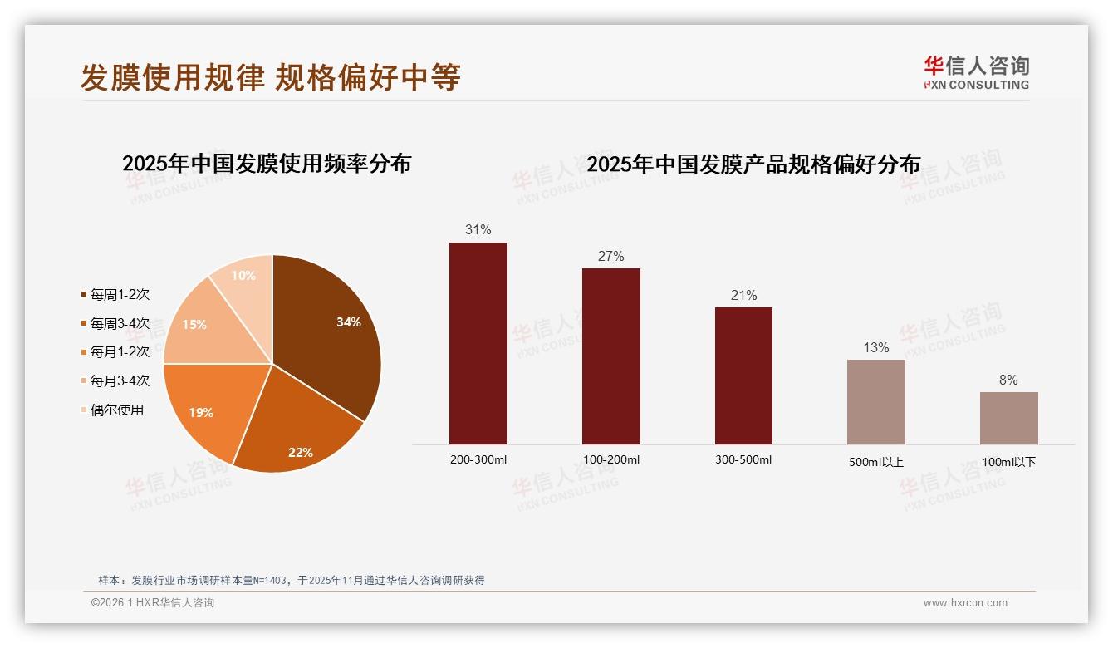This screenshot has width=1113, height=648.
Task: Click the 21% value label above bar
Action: click(743, 295)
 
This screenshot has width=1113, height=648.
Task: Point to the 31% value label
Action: click(478, 230)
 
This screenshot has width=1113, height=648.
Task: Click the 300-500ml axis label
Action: click(743, 459)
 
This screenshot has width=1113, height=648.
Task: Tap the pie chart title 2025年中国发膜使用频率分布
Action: click(267, 163)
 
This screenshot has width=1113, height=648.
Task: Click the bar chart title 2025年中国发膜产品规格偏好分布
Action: click(753, 164)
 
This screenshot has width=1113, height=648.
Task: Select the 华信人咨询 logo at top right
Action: click(976, 72)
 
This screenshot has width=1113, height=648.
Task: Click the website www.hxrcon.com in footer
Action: click(965, 603)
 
